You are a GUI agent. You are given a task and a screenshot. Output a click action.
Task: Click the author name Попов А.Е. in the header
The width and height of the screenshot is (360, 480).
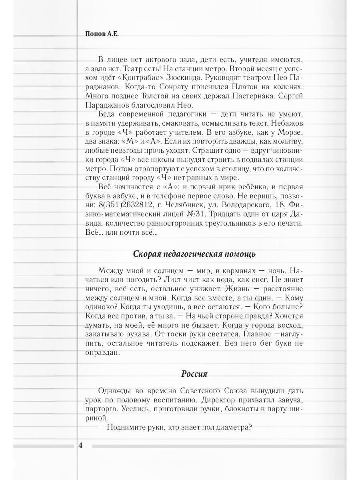coord(102,34)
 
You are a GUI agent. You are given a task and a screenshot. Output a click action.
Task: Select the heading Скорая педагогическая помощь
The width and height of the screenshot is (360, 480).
coord(194,254)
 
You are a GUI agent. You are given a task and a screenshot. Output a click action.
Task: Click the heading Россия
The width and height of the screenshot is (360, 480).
coord(194,374)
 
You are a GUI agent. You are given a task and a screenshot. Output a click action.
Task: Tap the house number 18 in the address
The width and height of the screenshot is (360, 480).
coord(279,205)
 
